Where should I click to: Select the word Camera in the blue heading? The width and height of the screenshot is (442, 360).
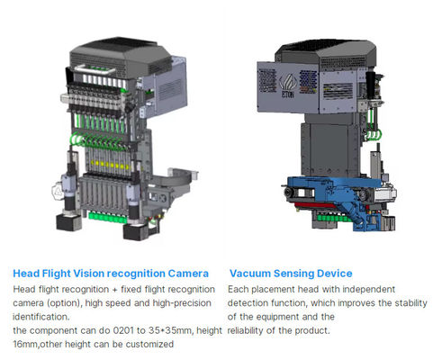[x=185, y=273]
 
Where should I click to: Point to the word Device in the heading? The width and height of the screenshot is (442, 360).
[x=332, y=273]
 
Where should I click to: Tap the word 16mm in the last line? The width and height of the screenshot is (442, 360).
[x=27, y=344]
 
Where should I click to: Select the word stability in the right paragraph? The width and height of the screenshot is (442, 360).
[x=407, y=302]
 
